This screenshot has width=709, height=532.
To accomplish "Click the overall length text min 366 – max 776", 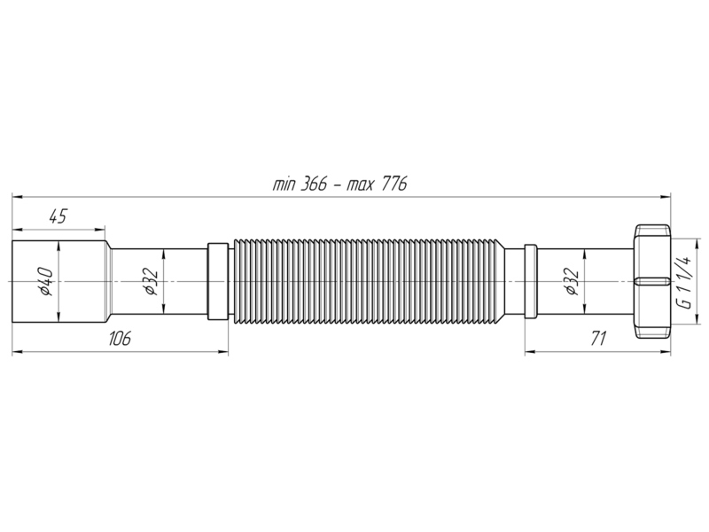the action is (x=339, y=184).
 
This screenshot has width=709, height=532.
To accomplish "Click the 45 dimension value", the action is (x=58, y=216).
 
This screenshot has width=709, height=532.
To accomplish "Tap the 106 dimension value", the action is (x=120, y=338).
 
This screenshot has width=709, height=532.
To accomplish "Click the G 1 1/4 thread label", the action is (x=685, y=282).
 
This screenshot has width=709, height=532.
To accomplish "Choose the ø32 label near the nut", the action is (x=571, y=281).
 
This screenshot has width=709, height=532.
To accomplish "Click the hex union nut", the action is (x=651, y=281).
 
